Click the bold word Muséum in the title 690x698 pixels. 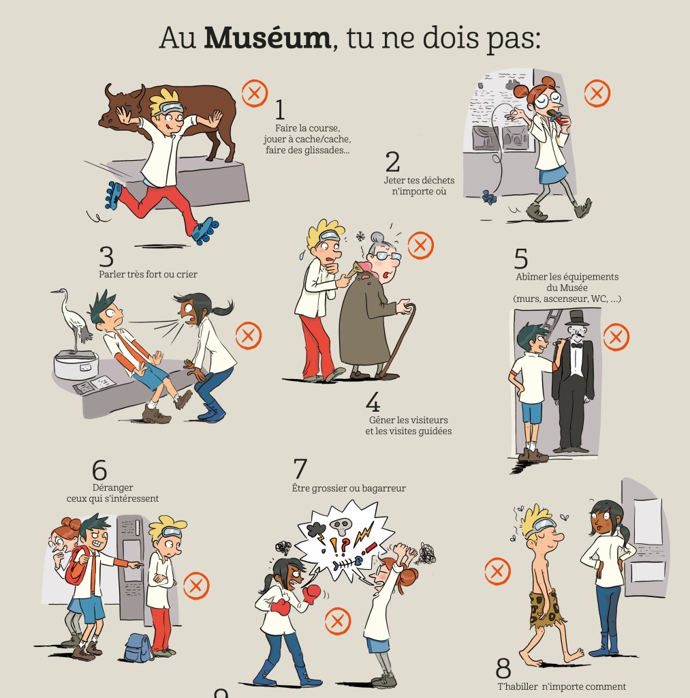(268, 38)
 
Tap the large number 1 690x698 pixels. (280, 110)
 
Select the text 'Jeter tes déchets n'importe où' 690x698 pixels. (419, 185)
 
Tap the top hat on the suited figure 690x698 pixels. (576, 318)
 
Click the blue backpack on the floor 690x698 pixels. (139, 648)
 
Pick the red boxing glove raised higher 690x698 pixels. (312, 594)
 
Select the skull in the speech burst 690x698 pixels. (341, 527)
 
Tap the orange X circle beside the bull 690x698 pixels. (255, 93)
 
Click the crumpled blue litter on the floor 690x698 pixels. (489, 197)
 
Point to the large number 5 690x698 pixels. (521, 258)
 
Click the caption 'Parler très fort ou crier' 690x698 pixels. (148, 274)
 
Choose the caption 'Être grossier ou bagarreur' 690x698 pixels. (349, 488)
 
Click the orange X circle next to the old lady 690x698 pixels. (420, 245)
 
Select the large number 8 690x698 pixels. (503, 668)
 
